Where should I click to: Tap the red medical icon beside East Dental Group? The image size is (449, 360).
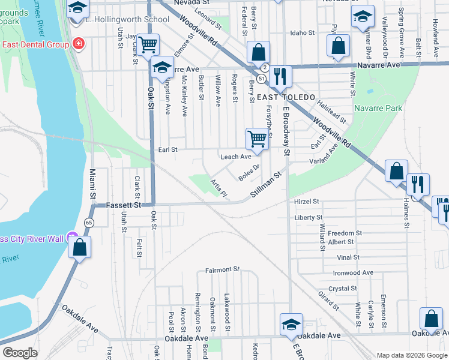77,44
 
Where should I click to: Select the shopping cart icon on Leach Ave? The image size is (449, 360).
257,139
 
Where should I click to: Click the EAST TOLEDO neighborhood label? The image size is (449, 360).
286,97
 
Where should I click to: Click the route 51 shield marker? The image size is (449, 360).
261,79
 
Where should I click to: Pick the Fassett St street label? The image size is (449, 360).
122,205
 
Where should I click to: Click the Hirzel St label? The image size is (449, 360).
306,202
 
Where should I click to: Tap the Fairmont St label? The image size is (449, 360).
222,270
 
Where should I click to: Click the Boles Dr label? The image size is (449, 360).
249,173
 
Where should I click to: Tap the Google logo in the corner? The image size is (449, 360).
20,352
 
